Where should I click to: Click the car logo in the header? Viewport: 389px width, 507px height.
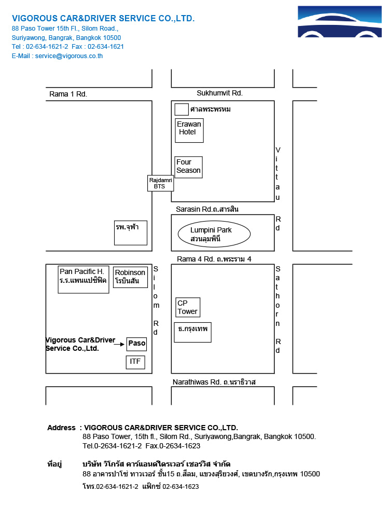click(x=340, y=21)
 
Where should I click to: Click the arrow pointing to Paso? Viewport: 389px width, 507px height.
click(x=119, y=344)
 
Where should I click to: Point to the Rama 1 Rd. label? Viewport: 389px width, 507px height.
click(x=68, y=94)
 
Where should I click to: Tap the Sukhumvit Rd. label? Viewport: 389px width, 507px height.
click(x=220, y=93)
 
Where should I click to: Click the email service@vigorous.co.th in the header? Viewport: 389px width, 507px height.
click(x=69, y=56)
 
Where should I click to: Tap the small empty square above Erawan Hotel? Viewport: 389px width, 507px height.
click(x=182, y=109)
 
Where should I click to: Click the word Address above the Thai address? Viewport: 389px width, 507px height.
click(x=61, y=428)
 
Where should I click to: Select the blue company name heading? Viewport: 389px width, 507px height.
click(x=103, y=19)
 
